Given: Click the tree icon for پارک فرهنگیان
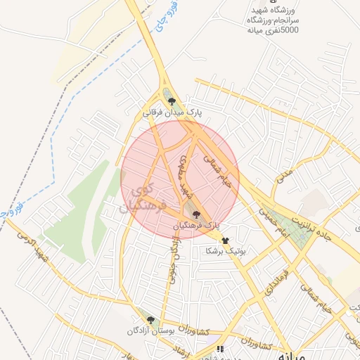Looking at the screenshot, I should [196, 214].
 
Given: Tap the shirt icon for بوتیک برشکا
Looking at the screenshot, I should [226, 240].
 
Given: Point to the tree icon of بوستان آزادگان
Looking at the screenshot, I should [150, 320].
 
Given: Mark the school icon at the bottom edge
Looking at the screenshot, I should [220, 348].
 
